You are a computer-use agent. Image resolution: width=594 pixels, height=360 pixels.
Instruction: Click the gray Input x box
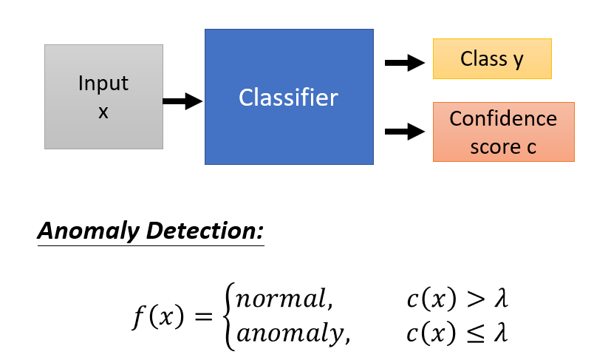click(x=103, y=97)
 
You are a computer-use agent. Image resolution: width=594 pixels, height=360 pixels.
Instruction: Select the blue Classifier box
click(x=289, y=96)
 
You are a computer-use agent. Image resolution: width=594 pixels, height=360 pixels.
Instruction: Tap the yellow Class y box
click(x=491, y=59)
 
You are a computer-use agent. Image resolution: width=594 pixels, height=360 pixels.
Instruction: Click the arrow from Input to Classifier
click(x=182, y=101)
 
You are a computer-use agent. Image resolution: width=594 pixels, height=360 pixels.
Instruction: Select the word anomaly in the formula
click(x=290, y=333)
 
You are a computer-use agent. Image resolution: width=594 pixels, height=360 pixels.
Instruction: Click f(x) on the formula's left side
click(x=153, y=317)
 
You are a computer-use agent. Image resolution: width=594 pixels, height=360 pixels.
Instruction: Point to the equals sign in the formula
click(x=202, y=318)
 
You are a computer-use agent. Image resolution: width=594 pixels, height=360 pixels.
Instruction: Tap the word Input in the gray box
click(x=103, y=83)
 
